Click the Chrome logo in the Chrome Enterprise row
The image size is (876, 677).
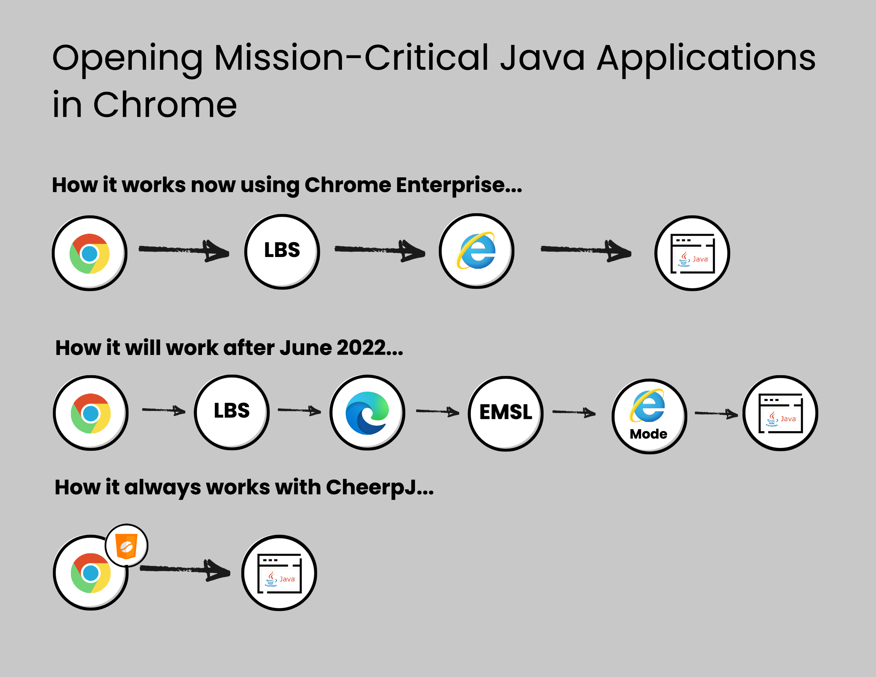click(x=89, y=254)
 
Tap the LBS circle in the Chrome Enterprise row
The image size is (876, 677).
click(x=282, y=251)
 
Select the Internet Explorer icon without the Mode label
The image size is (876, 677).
click(x=476, y=250)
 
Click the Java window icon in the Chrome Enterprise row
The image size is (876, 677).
click(x=693, y=254)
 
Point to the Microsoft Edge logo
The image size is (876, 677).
click(x=367, y=413)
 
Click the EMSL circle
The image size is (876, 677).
click(x=506, y=413)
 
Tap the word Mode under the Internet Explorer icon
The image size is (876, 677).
click(x=648, y=434)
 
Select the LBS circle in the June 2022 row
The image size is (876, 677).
click(x=232, y=412)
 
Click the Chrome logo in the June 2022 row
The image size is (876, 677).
click(x=91, y=413)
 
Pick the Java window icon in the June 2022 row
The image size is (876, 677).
click(x=780, y=413)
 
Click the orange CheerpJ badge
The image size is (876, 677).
click(x=126, y=546)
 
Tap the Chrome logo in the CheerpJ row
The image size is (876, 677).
click(x=91, y=573)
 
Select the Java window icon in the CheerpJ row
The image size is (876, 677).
click(x=279, y=573)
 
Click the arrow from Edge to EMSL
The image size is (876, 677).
click(x=437, y=411)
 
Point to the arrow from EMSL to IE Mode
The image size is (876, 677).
click(x=574, y=412)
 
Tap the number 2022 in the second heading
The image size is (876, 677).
click(x=361, y=347)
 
